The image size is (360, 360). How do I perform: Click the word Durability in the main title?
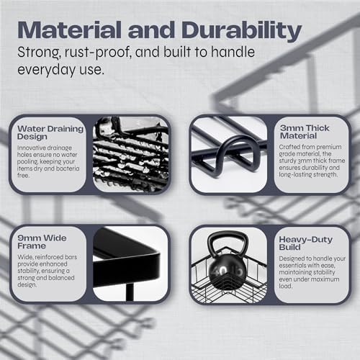[241, 31]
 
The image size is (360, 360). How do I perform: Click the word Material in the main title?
[69, 30]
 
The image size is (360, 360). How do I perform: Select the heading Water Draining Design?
[50, 132]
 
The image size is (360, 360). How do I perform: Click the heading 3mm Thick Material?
[305, 132]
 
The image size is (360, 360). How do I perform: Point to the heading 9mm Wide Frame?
[42, 242]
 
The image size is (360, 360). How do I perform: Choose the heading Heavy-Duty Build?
[305, 243]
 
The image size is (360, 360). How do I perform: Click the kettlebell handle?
[228, 243]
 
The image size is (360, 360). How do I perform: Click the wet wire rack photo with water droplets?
[131, 154]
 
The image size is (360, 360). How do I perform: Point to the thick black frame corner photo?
[130, 264]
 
